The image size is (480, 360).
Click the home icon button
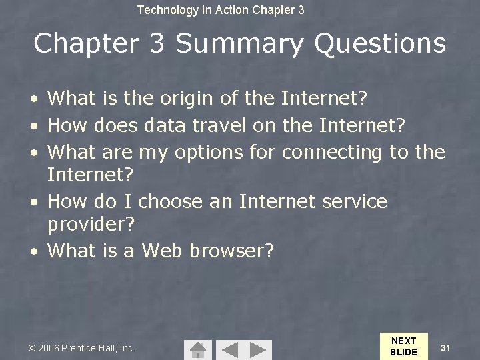pos(197,349)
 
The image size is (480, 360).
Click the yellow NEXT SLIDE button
pos(403,346)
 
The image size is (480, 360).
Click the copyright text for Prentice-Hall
pos(82,348)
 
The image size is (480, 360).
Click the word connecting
pos(333,152)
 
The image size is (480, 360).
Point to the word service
pos(354,201)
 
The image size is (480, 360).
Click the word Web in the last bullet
pos(163,251)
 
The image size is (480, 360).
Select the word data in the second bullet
pos(164,125)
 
